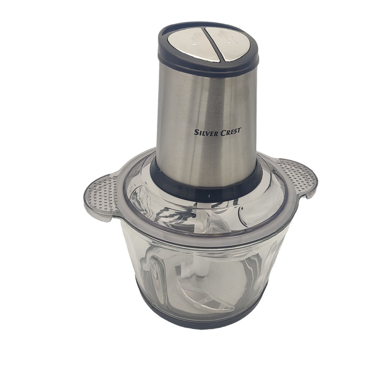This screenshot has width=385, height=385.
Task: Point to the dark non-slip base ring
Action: (202, 321)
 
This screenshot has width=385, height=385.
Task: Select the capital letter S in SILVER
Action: (196, 132)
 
